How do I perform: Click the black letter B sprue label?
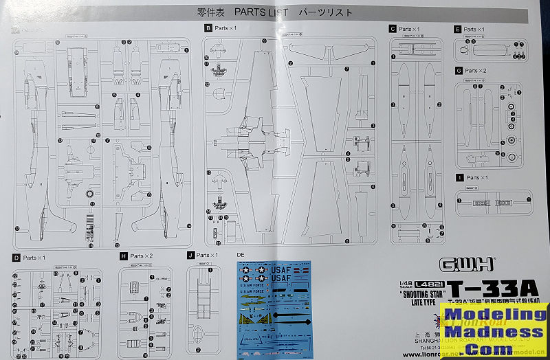(x=208, y=28)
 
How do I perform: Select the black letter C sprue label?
(x=393, y=29)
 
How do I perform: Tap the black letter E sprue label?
(x=458, y=30)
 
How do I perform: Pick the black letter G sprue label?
(x=458, y=71)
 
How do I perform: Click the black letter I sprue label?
(x=458, y=177)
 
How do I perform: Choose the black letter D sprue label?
(x=16, y=258)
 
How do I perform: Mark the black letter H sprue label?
(x=123, y=256)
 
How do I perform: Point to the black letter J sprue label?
(x=190, y=255)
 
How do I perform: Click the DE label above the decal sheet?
(x=241, y=255)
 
